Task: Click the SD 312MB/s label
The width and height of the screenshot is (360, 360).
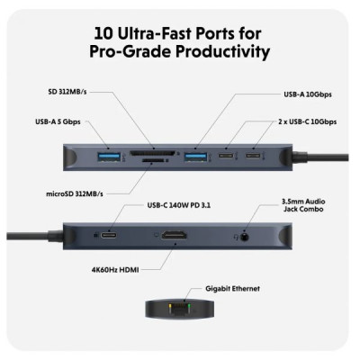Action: (x=71, y=92)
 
